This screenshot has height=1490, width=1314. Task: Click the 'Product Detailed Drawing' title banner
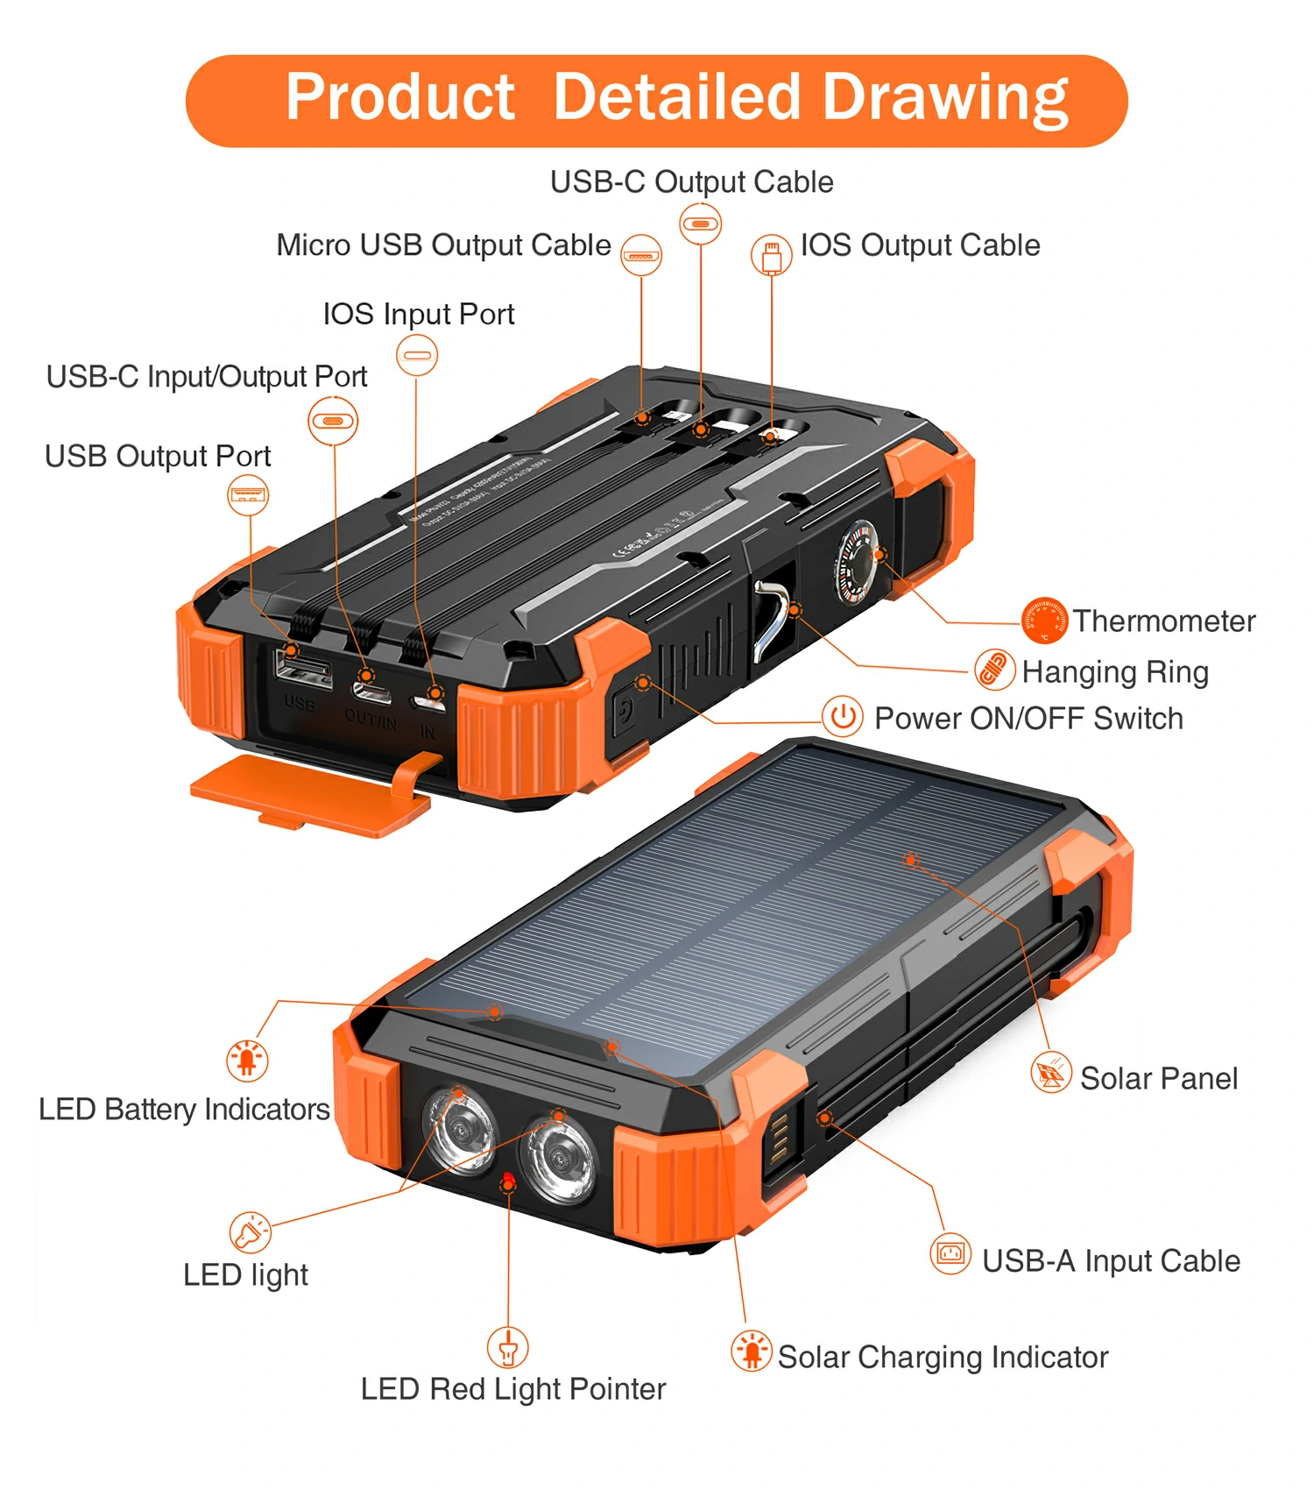pos(657,99)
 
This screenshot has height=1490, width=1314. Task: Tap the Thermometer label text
pos(1164,621)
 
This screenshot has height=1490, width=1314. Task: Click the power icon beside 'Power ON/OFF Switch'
pos(843,717)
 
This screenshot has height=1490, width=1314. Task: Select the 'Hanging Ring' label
pos(1115,671)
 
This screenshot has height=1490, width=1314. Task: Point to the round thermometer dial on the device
pos(855,561)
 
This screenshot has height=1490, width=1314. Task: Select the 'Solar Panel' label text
pos(1158,1078)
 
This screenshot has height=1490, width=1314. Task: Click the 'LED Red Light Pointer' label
pos(513,1388)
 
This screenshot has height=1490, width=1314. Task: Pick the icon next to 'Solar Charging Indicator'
pos(752,1350)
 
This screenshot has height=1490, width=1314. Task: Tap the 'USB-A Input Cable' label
pos(1111,1260)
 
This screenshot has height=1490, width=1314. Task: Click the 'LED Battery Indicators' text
pos(184,1109)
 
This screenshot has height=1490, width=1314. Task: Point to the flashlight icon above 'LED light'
pos(251,1232)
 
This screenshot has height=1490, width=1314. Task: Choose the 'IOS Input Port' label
pos(419,314)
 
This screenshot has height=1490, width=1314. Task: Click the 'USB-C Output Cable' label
pos(691,181)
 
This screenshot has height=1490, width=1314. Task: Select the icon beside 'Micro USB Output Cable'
pos(641,255)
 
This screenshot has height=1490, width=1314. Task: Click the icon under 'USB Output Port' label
pos(248,494)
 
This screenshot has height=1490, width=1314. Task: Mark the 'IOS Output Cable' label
pos(920,245)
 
